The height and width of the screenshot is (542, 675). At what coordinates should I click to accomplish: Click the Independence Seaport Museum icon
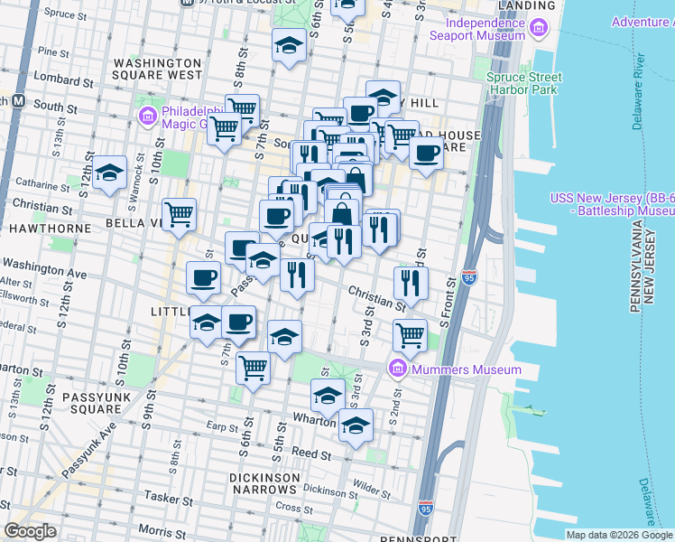pos(541,28)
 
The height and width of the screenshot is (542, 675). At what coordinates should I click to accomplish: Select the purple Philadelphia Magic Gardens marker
pos(148,116)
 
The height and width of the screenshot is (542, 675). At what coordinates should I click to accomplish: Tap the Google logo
pos(31,531)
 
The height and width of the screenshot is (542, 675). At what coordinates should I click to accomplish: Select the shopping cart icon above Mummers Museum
pos(410,335)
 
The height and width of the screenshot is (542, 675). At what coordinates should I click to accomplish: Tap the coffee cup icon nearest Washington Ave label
pos(204,277)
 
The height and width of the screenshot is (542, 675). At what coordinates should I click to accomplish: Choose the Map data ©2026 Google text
pos(618,535)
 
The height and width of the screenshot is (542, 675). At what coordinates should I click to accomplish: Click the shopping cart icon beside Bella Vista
pos(179,214)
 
